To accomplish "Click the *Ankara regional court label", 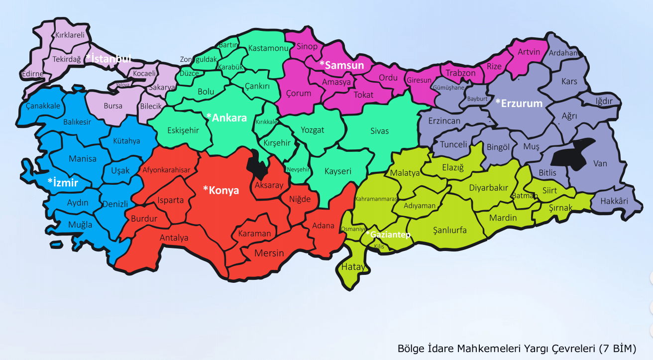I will click(x=226, y=118).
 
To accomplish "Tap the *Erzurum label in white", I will click(x=519, y=103).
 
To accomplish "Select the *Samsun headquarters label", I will click(x=342, y=65).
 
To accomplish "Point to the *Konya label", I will click(x=221, y=190).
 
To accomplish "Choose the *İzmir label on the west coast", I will click(x=63, y=182).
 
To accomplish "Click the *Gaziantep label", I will click(x=388, y=235).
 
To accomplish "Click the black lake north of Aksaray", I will click(x=259, y=164).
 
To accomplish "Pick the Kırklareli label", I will click(x=70, y=35).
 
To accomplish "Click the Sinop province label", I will click(x=307, y=47).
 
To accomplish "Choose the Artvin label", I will click(x=529, y=52).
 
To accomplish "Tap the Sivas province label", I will click(x=379, y=131).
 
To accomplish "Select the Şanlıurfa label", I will click(x=449, y=230).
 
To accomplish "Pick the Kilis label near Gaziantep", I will click(x=379, y=247).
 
